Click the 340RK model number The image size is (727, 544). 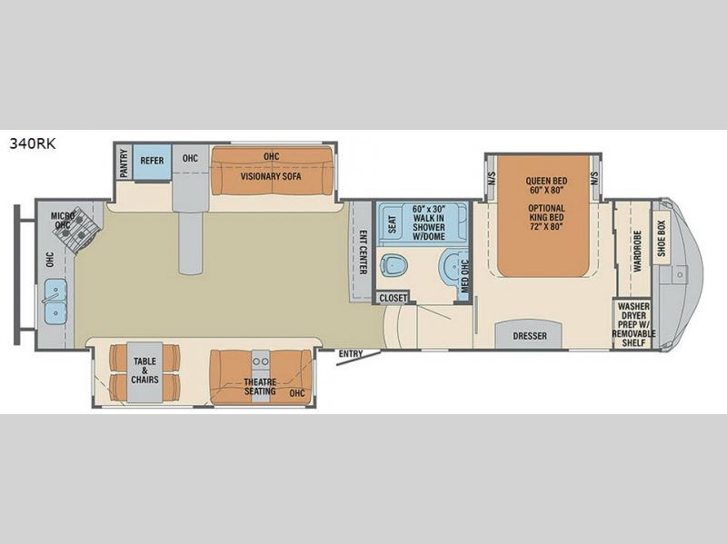point(33,143)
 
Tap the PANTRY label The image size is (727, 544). point(124,163)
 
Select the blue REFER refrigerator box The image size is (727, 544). point(152,163)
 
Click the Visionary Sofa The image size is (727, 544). point(272,171)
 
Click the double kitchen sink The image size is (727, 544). point(55,302)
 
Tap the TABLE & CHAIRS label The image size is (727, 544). point(144,371)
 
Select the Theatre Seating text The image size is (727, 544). point(260,387)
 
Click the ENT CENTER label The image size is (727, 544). point(363,252)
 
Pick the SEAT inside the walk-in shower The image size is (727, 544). point(393,224)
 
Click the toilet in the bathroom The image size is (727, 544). point(394,265)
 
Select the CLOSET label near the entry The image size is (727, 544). point(393,298)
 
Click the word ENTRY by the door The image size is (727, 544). point(351,354)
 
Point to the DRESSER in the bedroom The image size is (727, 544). point(530,336)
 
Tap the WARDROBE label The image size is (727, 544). point(637,252)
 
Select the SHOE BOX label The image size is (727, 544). point(662,238)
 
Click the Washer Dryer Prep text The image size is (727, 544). point(633,324)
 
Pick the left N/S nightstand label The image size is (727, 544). point(492,178)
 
